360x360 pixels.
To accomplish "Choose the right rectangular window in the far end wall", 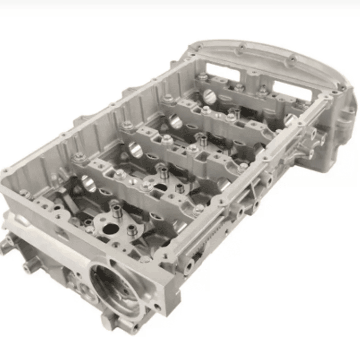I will (x=260, y=79).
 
